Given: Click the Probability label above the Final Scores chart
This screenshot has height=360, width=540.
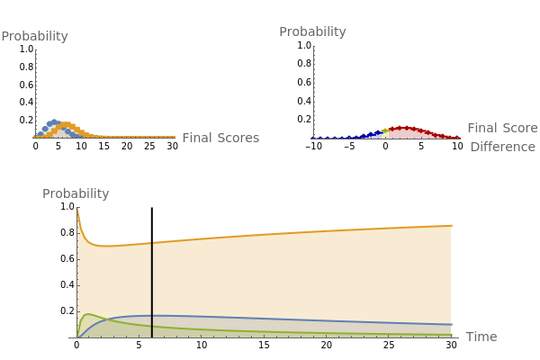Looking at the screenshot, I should pyautogui.click(x=34, y=37).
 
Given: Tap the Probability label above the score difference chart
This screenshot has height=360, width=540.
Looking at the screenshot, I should pyautogui.click(x=312, y=31).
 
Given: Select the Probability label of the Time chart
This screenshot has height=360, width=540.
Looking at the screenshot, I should pyautogui.click(x=76, y=193).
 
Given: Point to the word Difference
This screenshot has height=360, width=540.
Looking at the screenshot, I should pyautogui.click(x=502, y=147).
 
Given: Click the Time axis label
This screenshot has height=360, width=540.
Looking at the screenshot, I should pyautogui.click(x=481, y=337).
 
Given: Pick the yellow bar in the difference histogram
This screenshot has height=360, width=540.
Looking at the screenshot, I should pyautogui.click(x=386, y=133).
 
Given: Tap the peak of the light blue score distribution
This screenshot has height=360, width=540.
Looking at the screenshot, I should pyautogui.click(x=53, y=121).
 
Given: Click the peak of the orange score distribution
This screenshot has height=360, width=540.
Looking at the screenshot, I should pyautogui.click(x=63, y=125).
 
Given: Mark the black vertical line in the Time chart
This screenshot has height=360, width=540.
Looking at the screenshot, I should pyautogui.click(x=151, y=288).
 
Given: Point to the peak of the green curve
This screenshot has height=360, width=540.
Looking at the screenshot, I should pyautogui.click(x=87, y=315).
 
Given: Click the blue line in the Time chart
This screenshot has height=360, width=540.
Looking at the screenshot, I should pyautogui.click(x=270, y=319).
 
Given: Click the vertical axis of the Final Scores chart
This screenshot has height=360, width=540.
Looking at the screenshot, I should pyautogui.click(x=35, y=90).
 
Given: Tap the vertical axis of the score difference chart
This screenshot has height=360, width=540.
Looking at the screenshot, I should pyautogui.click(x=313, y=90).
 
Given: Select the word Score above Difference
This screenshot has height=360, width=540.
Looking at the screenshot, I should pyautogui.click(x=519, y=128).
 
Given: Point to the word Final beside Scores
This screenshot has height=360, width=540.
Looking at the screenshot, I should pyautogui.click(x=199, y=138).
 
